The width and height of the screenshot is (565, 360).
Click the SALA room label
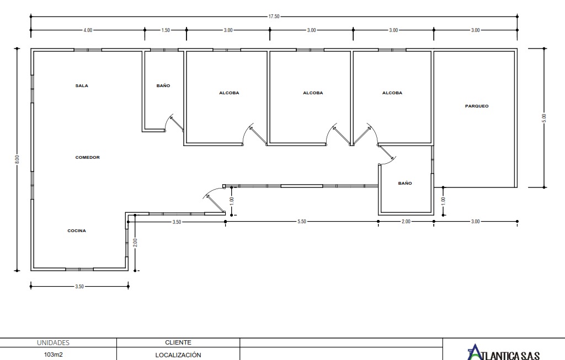(x=82, y=85)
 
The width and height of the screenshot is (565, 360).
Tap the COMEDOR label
(x=88, y=157)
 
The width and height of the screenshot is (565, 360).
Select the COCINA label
(x=77, y=231)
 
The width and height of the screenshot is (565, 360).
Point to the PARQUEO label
(x=477, y=106)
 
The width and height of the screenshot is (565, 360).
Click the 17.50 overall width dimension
(x=274, y=17)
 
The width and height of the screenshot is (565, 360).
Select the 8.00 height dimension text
(x=17, y=159)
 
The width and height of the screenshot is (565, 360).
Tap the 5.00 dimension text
(x=544, y=118)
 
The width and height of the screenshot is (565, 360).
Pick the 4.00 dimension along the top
(x=88, y=30)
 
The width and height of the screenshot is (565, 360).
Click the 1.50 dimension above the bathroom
(x=166, y=30)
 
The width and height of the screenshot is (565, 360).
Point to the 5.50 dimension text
(x=302, y=222)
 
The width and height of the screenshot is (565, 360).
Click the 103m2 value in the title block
(x=54, y=354)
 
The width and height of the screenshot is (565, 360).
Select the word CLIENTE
(x=178, y=342)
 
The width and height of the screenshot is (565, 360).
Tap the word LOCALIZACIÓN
(x=178, y=355)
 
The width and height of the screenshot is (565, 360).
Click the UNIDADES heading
(x=54, y=343)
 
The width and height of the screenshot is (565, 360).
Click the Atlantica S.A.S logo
(x=503, y=352)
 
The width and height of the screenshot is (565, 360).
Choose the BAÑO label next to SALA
(x=163, y=85)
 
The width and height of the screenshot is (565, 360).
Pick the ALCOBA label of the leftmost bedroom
(x=229, y=93)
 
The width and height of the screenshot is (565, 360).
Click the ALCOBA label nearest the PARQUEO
(x=392, y=93)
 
